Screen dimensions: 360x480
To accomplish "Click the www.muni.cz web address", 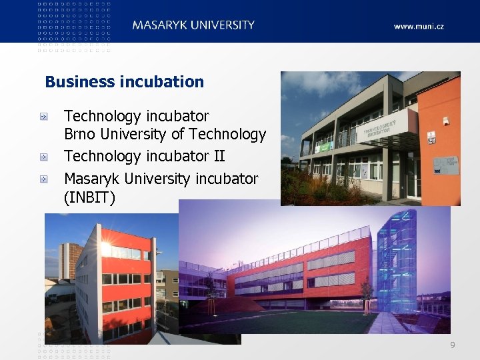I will (418, 27).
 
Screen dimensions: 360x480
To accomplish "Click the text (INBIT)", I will (89, 198).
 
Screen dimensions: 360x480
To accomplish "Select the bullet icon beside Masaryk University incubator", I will (43, 179).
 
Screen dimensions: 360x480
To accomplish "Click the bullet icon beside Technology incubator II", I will (43, 157).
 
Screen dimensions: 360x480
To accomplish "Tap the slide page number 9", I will (453, 345).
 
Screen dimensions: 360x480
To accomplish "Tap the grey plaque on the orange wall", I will (445, 165).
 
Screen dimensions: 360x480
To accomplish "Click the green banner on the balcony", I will (324, 146).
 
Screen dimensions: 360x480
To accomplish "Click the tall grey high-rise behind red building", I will (69, 260).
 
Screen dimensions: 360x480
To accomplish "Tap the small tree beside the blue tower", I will (366, 294).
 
